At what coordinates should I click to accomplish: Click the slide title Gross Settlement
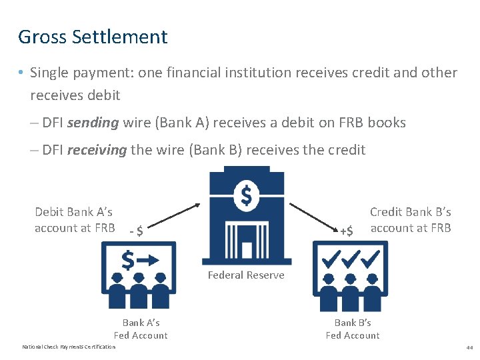(x=93, y=37)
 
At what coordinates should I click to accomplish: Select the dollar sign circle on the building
(x=246, y=196)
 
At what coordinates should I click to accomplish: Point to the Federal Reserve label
(x=246, y=275)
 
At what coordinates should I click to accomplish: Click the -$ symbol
(x=136, y=231)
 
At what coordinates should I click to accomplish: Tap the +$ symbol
(x=346, y=231)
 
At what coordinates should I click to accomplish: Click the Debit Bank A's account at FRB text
(x=74, y=220)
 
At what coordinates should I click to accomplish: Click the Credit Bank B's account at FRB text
(x=411, y=220)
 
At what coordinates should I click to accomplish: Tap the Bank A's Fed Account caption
(x=141, y=329)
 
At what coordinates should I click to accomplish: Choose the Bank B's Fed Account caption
(x=353, y=329)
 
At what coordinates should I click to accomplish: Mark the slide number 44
(x=469, y=347)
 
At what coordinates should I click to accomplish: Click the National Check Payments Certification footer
(x=69, y=347)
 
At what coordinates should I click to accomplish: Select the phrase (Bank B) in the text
(x=216, y=150)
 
